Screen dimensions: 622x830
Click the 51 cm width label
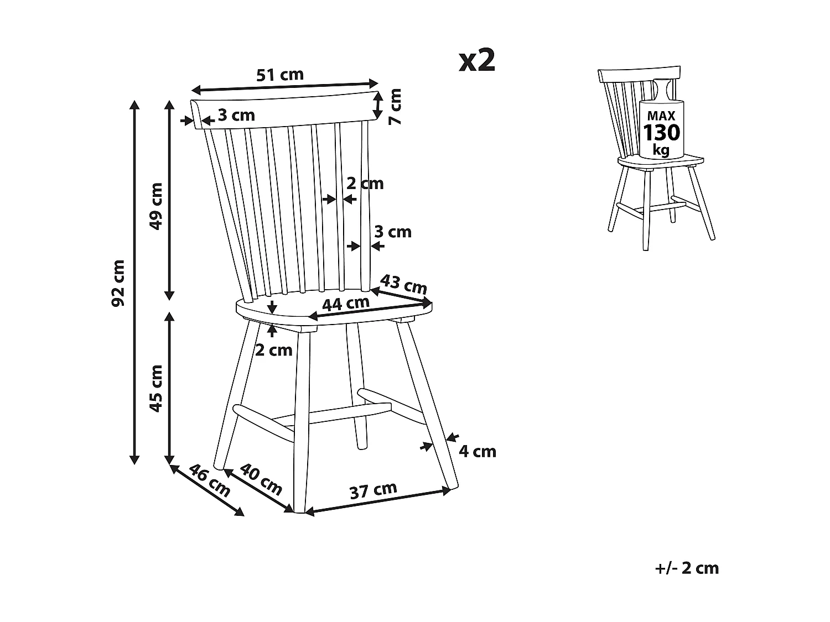[x=280, y=75]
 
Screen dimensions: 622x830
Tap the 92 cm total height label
[x=118, y=282]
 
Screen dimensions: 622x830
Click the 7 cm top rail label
[x=395, y=107]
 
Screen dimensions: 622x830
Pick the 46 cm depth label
[x=209, y=480]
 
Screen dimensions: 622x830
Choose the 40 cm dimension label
[x=262, y=479]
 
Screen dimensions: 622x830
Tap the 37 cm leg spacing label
[x=373, y=490]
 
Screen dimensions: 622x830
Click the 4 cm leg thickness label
[x=478, y=452]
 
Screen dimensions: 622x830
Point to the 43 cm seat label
[x=403, y=284]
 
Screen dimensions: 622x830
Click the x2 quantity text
[x=477, y=61]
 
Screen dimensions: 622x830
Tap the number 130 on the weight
[x=661, y=133]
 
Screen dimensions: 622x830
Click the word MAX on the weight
[x=661, y=116]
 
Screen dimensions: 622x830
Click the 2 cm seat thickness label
[x=273, y=349]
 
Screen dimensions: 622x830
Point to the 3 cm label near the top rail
[x=236, y=115]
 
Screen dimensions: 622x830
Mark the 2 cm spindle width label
[x=365, y=183]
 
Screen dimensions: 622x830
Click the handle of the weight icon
[x=662, y=88]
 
